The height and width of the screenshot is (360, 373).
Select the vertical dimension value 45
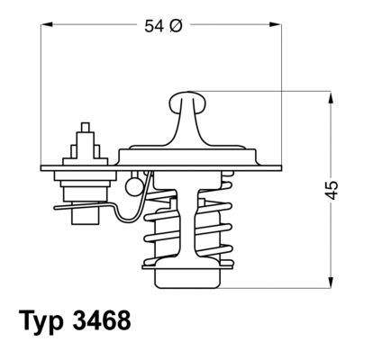[332, 190]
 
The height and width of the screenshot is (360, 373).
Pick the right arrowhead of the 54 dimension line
[273, 26]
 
